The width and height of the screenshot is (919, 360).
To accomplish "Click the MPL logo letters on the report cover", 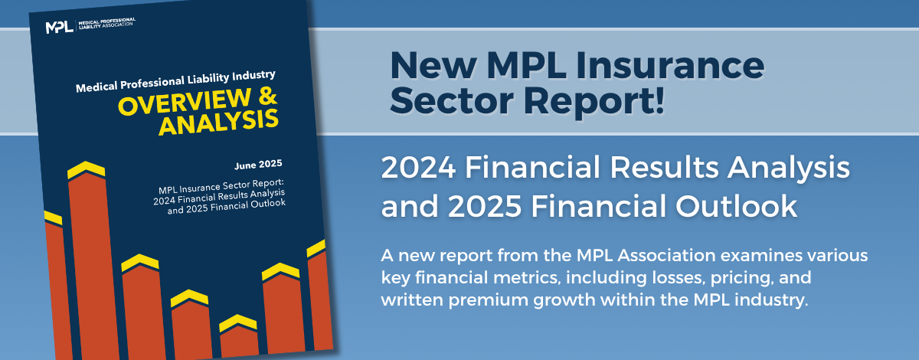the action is [x=60, y=27].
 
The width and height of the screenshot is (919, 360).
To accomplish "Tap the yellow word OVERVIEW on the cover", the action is [x=184, y=102].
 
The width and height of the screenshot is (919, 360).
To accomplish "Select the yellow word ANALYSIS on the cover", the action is [x=219, y=123].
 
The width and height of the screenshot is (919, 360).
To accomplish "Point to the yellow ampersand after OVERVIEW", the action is [x=267, y=97].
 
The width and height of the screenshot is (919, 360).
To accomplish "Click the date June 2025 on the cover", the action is [x=258, y=165].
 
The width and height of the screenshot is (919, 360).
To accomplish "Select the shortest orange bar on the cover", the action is [x=240, y=341].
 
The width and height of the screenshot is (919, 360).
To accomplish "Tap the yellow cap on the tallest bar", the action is [x=86, y=169].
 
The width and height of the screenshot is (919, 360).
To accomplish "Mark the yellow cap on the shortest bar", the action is [x=238, y=322].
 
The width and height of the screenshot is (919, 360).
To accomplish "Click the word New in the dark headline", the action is [x=433, y=65].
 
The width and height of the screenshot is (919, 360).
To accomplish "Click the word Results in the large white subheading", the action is [x=664, y=168].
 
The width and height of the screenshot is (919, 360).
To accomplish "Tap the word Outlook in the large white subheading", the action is [x=736, y=205].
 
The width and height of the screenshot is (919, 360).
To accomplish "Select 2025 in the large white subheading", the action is [x=485, y=205].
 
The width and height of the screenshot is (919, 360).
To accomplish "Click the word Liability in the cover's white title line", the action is [x=208, y=80].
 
